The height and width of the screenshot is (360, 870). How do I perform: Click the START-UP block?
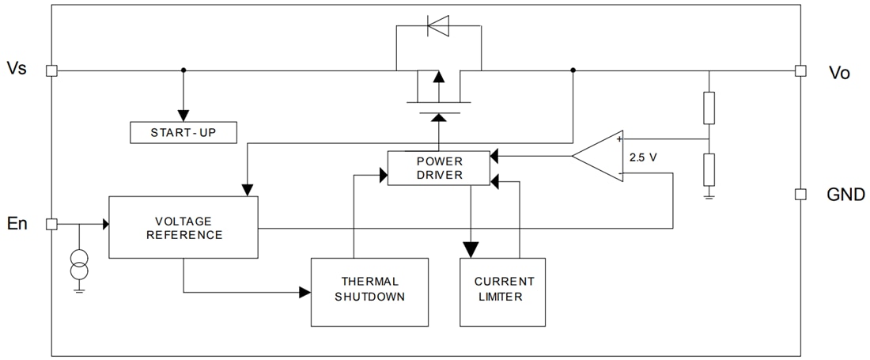click(183, 133)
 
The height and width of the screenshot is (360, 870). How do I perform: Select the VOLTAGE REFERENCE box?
click(183, 227)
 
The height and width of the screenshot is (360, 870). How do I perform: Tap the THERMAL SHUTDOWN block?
click(369, 291)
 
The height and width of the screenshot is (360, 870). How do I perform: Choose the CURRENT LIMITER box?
click(502, 291)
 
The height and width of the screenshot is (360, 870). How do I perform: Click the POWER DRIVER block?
click(439, 168)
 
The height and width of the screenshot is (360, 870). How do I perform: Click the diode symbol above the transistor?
click(437, 27)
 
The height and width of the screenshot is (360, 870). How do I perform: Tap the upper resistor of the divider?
click(709, 108)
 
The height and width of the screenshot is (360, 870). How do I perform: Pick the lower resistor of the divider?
click(709, 169)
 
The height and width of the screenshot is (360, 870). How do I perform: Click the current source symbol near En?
click(79, 266)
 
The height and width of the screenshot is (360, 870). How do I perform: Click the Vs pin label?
click(17, 69)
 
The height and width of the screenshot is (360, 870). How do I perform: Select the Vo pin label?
click(839, 73)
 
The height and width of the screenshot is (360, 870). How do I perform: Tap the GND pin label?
click(845, 195)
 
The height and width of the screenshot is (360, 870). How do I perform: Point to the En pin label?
click(17, 224)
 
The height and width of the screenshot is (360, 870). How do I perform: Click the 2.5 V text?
click(643, 157)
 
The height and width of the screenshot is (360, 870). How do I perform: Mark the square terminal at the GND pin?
click(800, 194)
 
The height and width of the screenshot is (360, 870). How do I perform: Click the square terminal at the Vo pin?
click(800, 70)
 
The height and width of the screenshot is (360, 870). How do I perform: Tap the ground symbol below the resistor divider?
click(709, 195)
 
